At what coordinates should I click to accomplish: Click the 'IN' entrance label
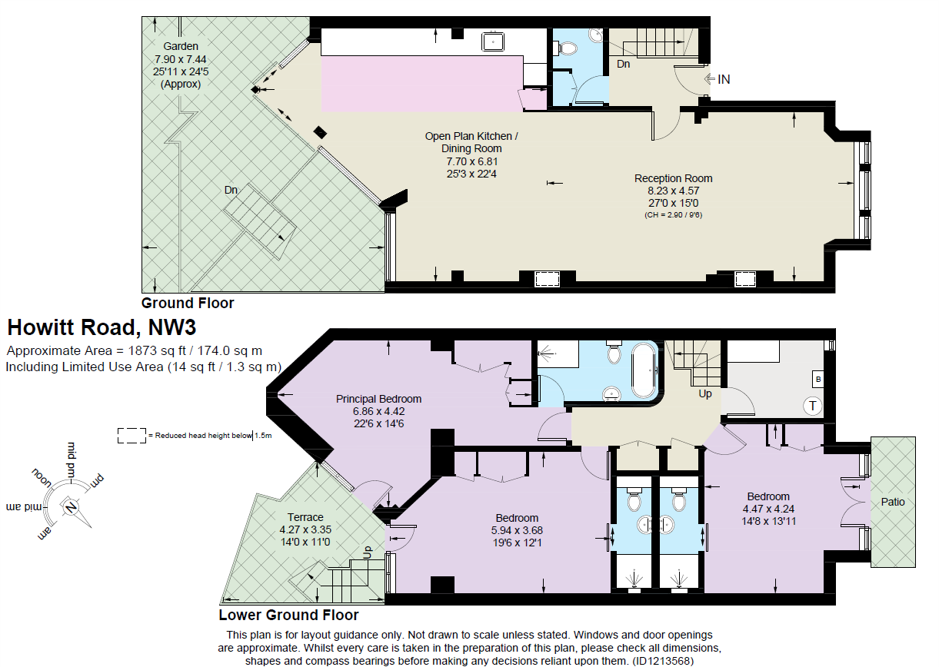point(723,79)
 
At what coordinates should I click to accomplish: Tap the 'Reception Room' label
point(668,178)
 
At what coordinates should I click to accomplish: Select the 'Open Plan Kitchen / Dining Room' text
point(471,142)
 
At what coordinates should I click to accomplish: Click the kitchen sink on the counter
point(492,41)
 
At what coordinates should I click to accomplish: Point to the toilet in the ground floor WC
point(568,48)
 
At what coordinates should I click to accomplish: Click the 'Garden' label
point(180,46)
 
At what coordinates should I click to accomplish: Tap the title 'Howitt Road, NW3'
point(102,327)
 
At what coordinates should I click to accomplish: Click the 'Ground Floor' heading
point(188,303)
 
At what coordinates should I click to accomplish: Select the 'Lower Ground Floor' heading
point(288,615)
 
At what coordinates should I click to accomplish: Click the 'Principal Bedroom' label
point(378,399)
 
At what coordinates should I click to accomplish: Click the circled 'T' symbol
point(812,405)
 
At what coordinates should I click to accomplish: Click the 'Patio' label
point(893,502)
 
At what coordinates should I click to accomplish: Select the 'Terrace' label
point(305,517)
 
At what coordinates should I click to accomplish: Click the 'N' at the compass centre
point(71,506)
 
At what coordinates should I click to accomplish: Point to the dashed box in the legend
point(131,435)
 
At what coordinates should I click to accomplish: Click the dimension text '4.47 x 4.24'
point(768,509)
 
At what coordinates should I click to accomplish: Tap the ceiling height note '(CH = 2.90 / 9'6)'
point(673,215)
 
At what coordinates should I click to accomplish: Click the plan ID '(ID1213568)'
point(664,660)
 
